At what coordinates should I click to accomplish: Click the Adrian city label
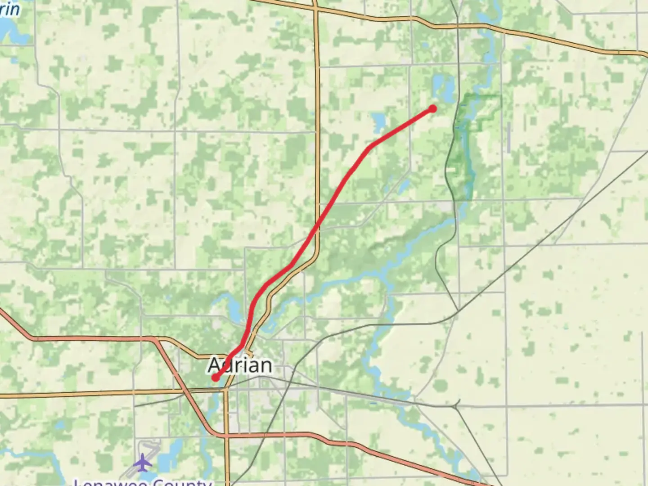[x=240, y=365]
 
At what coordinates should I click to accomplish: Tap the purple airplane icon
[x=143, y=462]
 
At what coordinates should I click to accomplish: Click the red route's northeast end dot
[x=432, y=108]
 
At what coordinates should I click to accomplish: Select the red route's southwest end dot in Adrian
[x=216, y=378]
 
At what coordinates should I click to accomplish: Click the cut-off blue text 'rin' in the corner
[x=10, y=9]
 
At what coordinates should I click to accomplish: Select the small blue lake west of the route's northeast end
[x=379, y=121]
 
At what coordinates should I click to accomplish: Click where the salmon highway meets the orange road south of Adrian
[x=227, y=436]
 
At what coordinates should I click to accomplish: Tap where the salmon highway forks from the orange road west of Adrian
[x=155, y=340]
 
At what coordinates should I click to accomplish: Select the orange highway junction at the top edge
[x=315, y=8]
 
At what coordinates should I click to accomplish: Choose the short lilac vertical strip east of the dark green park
[x=508, y=137]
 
